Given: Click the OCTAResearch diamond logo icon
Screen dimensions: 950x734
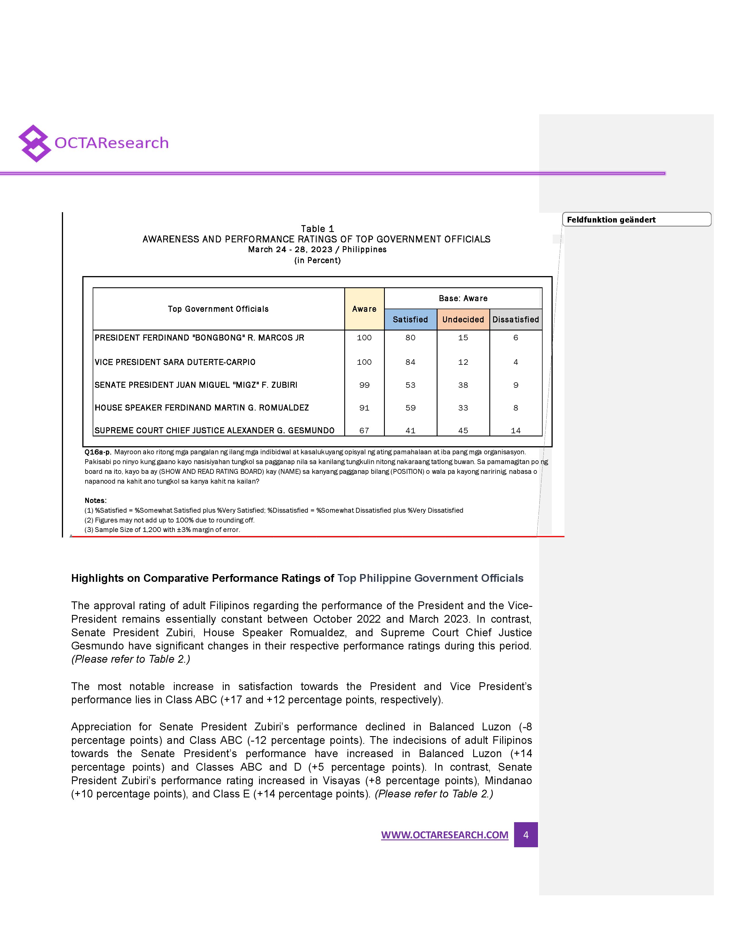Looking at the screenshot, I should pos(34,144).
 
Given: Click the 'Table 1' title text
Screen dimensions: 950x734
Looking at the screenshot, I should pos(317,229).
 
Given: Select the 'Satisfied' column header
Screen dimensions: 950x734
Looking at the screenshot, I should pos(410,320).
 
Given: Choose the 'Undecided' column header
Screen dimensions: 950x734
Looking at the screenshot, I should pos(463,320).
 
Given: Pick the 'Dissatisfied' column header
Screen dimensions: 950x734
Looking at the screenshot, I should pos(516,320).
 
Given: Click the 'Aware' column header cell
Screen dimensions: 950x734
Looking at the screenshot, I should pos(364,309).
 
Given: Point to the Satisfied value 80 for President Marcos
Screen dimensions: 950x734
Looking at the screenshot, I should pos(410,338).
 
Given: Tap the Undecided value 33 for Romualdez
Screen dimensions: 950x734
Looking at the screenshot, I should pos(463,408).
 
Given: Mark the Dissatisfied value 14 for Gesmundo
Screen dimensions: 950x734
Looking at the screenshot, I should pos(516,431).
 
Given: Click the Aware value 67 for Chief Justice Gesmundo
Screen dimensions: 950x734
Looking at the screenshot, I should pos(364,431).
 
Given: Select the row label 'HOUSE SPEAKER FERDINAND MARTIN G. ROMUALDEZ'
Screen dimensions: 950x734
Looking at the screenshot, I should pos(202,408).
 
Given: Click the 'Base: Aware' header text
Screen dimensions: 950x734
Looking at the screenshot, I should pos(463,299).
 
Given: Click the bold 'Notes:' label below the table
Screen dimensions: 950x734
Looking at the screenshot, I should pos(96,501).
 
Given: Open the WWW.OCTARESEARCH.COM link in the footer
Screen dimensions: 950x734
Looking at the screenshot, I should pos(444,835).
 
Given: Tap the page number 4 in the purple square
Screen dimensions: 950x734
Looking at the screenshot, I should pos(526,835).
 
